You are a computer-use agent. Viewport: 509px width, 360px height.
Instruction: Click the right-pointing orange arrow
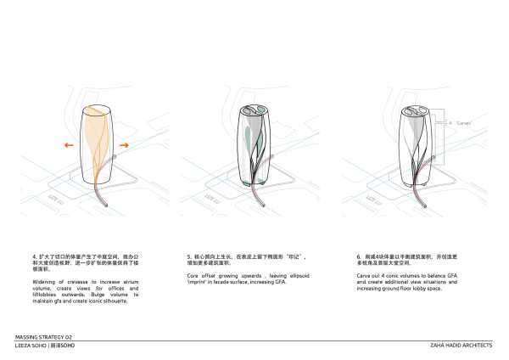(123, 146)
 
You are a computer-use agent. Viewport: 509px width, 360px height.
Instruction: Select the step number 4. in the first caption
(35, 256)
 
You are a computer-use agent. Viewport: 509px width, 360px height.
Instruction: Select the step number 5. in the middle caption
(189, 256)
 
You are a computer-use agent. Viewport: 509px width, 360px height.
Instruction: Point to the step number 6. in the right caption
(360, 256)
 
